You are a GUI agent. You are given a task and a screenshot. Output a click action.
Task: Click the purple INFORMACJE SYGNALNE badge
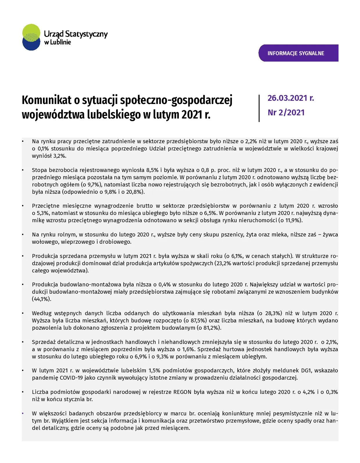point(298,53)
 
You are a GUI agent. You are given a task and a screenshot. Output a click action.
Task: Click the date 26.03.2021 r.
point(291,98)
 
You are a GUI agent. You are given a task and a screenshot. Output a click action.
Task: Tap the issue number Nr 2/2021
point(286,113)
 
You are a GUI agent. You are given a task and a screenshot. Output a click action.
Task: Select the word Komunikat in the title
point(46,101)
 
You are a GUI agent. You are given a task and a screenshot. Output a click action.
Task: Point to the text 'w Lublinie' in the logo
point(57,42)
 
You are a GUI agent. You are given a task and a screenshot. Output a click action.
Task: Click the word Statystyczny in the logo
point(86,34)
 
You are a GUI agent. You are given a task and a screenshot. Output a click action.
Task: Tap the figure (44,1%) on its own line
point(42,299)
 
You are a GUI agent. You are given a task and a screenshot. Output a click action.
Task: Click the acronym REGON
point(182,392)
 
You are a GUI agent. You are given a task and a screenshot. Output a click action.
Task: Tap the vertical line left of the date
point(259,108)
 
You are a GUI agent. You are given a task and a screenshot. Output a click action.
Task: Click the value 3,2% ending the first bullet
point(59,156)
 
